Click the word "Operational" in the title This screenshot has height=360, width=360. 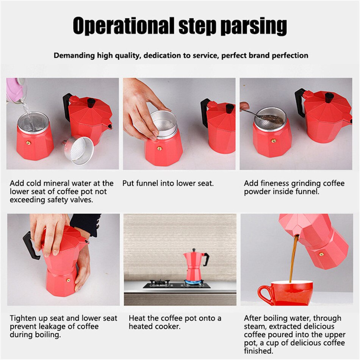(124, 26)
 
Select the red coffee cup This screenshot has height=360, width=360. (285, 293)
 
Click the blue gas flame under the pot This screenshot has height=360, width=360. (193, 282)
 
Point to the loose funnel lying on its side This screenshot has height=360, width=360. (78, 150)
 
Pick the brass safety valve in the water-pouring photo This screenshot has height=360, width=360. (28, 143)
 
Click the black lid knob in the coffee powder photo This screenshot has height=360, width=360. (329, 97)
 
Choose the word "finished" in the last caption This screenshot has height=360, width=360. (258, 351)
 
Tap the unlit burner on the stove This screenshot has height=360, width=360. (160, 282)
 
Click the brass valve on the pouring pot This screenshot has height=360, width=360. (321, 254)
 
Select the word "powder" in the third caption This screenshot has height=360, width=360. (257, 192)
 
